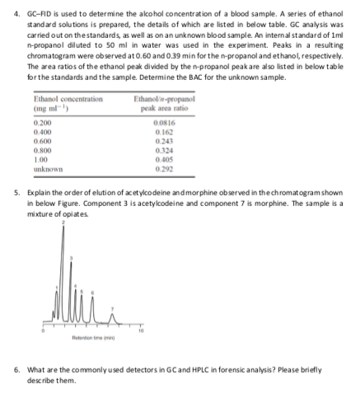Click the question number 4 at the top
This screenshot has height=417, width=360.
pyautogui.click(x=7, y=7)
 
